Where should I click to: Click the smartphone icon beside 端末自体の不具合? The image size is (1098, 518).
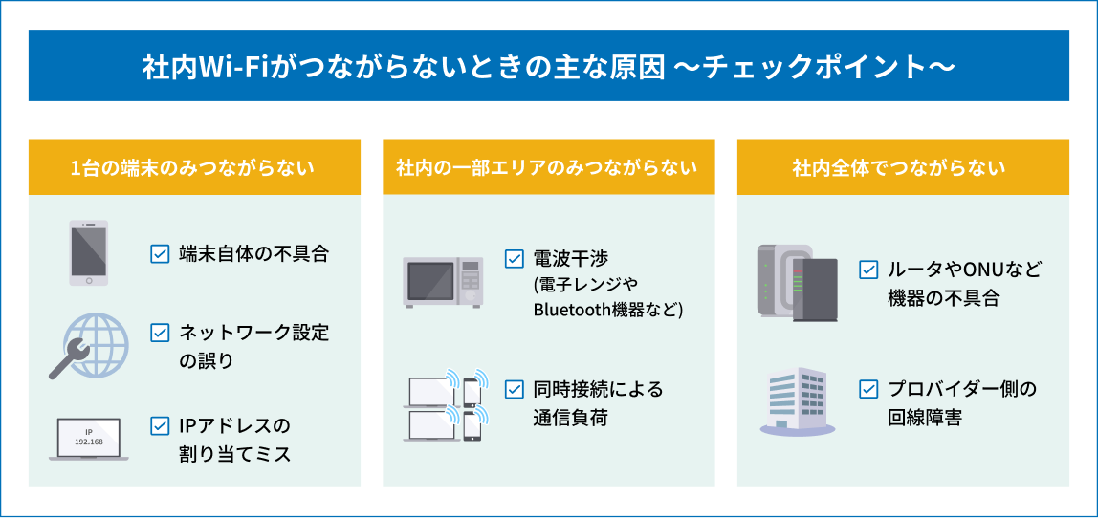pos(88,252)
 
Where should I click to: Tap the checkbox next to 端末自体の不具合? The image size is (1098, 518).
pos(160,253)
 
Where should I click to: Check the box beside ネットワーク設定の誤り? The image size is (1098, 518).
pos(160,333)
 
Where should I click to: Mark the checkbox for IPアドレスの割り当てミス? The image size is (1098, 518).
pos(160,425)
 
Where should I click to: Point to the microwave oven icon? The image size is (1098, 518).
pos(443,281)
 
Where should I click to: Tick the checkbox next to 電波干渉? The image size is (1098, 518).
pos(515,258)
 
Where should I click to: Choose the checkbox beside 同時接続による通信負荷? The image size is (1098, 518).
pos(515,390)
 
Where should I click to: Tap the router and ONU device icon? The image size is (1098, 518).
pos(797,280)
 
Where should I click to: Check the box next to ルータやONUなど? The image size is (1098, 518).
pos(868,270)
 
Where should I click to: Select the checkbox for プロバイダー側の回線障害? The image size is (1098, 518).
pos(868,390)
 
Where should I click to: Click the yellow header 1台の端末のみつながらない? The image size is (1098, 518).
pos(194,168)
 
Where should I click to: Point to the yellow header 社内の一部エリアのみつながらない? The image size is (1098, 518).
pos(548,168)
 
